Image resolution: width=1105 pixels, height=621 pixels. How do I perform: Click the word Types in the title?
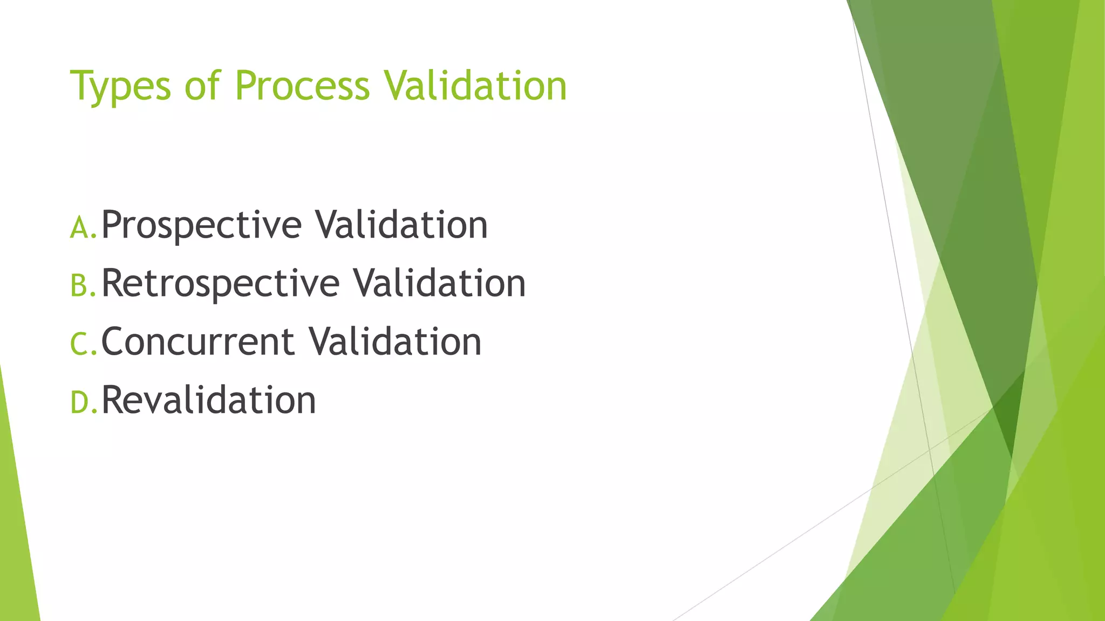click(120, 86)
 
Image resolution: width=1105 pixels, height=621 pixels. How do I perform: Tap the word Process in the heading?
click(302, 86)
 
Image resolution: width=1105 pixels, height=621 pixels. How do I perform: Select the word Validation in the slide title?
click(475, 86)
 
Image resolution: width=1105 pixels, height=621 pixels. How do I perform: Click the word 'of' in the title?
click(202, 86)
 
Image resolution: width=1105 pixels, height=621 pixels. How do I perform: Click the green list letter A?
click(80, 227)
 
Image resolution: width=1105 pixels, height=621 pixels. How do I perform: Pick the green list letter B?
click(80, 286)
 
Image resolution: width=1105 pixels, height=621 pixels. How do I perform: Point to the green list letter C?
click(80, 344)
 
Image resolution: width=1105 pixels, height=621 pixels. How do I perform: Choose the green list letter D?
click(80, 402)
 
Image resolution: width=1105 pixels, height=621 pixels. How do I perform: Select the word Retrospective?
click(220, 284)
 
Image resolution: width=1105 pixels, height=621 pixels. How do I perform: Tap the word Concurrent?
click(198, 342)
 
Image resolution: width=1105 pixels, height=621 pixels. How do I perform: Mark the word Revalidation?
click(209, 400)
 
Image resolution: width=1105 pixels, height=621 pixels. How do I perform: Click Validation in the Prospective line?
click(401, 224)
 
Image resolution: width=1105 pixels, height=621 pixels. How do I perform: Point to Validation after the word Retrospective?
click(439, 282)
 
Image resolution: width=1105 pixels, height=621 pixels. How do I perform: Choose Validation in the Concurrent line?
click(395, 341)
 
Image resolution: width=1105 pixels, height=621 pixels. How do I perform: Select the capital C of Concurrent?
click(113, 342)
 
